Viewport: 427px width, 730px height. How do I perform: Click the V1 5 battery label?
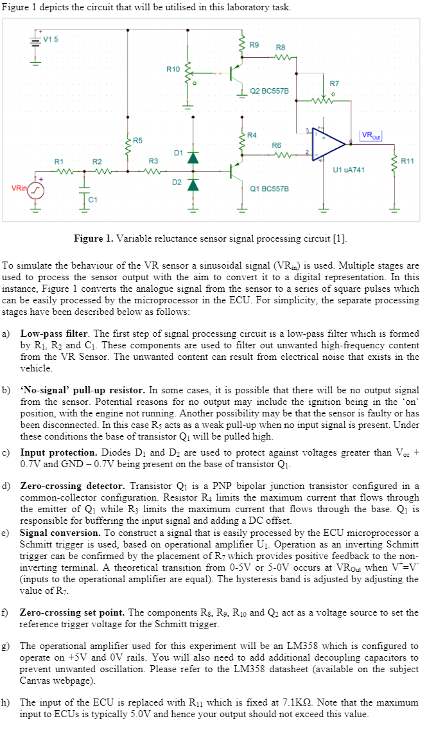[x=51, y=39]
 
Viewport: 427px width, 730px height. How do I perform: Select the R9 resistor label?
[x=254, y=44]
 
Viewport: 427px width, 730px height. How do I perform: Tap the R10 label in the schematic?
[x=173, y=68]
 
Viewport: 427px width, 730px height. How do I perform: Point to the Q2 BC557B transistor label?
[x=269, y=91]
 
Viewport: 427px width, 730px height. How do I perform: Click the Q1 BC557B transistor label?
[x=269, y=188]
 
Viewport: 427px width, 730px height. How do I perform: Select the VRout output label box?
[x=370, y=136]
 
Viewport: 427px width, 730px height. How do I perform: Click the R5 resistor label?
[x=138, y=140]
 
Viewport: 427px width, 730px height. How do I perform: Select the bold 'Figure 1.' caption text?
[x=93, y=239]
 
